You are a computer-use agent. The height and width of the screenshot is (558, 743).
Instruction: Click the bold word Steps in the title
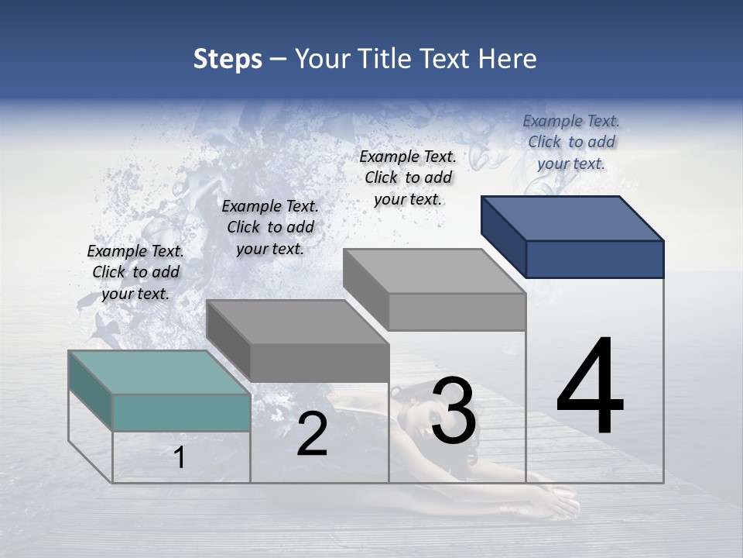[228, 59]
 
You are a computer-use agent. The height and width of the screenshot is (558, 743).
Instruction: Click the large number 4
[590, 387]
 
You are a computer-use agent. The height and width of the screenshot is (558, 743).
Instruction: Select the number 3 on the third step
[454, 411]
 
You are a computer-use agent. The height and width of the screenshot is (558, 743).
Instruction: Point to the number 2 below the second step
[312, 435]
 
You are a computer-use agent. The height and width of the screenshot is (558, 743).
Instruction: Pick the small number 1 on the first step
[180, 458]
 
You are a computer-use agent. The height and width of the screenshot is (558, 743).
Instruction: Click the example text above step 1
[135, 272]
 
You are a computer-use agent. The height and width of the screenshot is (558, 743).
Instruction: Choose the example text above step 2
[270, 227]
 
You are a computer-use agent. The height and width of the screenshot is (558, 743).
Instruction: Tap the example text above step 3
[408, 177]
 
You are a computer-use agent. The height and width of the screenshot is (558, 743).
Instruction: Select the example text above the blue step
[571, 142]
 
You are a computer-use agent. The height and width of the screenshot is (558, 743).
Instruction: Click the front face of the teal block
[181, 412]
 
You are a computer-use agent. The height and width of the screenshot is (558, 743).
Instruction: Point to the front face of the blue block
[594, 259]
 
